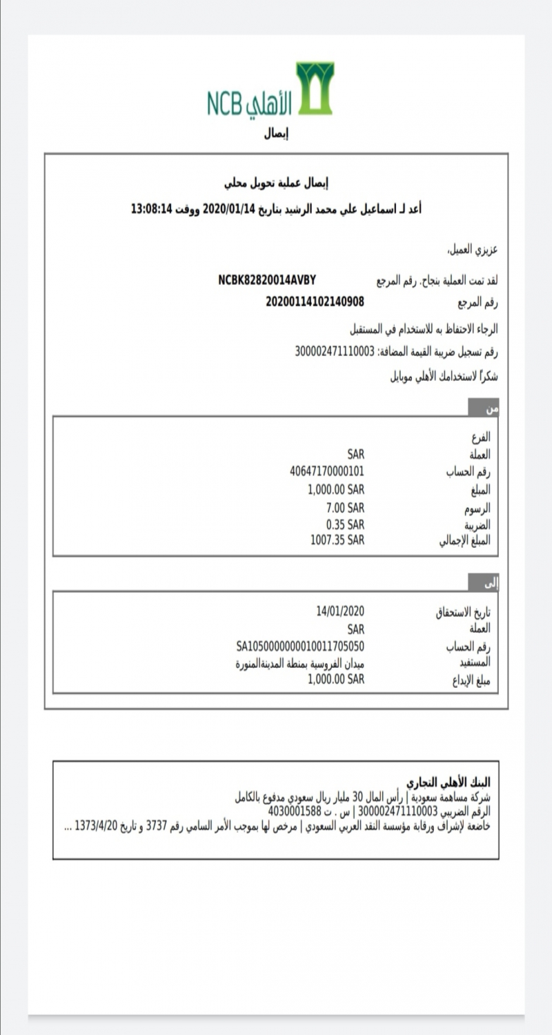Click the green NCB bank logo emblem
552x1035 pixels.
[315, 88]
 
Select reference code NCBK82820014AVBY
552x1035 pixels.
[267, 281]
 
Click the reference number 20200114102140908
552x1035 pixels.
[315, 302]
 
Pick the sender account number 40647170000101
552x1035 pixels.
[327, 472]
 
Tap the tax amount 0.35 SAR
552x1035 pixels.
[345, 524]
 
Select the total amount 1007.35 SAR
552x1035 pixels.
[337, 539]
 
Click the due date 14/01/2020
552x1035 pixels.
[339, 611]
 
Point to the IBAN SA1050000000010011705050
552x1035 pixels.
[300, 647]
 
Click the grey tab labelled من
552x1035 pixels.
[484, 408]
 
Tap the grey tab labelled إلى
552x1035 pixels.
[484, 583]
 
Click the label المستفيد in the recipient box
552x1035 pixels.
[474, 663]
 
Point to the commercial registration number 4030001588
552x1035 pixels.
[295, 811]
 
